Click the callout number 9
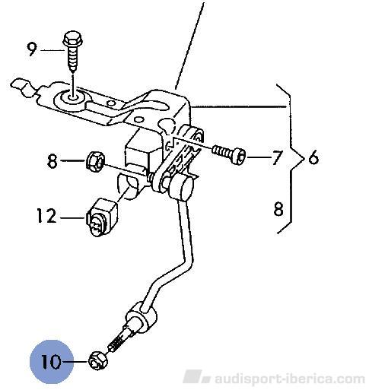(x=32, y=49)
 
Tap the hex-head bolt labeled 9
(x=73, y=52)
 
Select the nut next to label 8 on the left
(x=95, y=160)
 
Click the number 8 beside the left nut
(x=52, y=161)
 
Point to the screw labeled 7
(x=229, y=154)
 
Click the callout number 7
(x=276, y=157)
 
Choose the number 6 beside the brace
(x=313, y=157)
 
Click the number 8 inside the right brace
(x=278, y=209)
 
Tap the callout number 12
(x=46, y=216)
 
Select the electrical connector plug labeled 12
(x=101, y=217)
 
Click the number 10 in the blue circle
(x=52, y=361)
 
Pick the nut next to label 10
(x=98, y=360)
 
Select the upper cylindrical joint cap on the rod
(x=181, y=189)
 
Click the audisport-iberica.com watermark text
(x=290, y=379)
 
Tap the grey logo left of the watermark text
(x=196, y=377)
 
